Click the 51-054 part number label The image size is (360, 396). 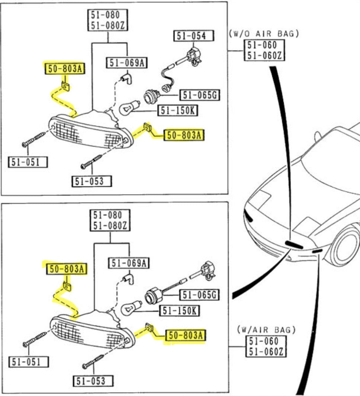[x=194, y=36]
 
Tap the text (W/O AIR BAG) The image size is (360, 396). [x=264, y=33]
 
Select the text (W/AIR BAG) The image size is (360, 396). [x=266, y=329]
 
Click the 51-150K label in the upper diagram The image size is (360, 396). [x=178, y=111]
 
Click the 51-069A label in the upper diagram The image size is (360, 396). [x=126, y=63]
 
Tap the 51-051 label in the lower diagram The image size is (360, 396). [x=28, y=361]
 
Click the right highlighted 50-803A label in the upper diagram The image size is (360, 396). [x=184, y=135]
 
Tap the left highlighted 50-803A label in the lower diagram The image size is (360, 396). [x=66, y=269]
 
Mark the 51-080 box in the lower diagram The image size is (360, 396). [x=110, y=220]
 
